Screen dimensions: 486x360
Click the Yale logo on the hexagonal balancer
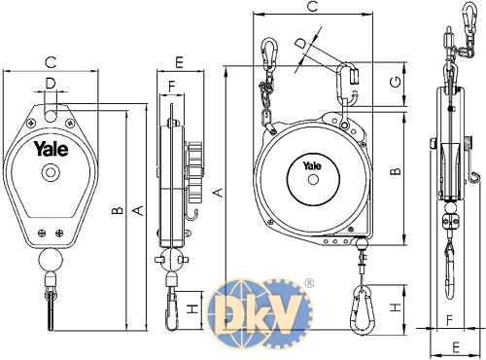[x=52, y=149]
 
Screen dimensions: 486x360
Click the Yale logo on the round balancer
[x=312, y=165]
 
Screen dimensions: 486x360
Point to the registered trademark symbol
[x=309, y=283]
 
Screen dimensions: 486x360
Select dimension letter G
[x=396, y=82]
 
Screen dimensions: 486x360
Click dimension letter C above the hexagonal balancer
[x=51, y=62]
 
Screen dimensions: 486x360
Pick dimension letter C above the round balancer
[x=313, y=7]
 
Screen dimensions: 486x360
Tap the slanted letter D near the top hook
[x=301, y=43]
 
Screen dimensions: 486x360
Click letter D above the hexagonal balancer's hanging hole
[x=51, y=84]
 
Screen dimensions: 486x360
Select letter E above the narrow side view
[x=179, y=62]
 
